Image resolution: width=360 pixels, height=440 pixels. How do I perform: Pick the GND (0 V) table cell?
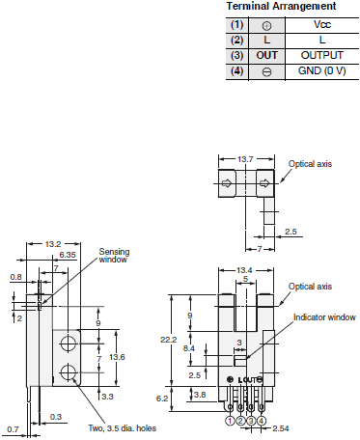tap(321, 71)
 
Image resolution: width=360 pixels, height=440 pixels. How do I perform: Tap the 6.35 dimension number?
tap(67, 255)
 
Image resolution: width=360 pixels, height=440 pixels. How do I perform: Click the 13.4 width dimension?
tap(244, 270)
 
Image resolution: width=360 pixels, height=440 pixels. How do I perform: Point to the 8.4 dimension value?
tap(189, 347)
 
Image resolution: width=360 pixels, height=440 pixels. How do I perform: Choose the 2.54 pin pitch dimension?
tap(282, 427)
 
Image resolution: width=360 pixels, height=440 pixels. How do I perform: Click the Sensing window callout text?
tap(114, 257)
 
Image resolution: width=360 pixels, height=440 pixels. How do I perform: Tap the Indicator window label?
tap(323, 316)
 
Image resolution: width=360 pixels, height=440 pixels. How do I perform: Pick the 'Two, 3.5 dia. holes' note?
tap(122, 428)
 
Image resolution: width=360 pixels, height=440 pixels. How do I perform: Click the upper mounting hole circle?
tap(68, 344)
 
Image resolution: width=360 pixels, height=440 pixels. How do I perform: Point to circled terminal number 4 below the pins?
tap(261, 421)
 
